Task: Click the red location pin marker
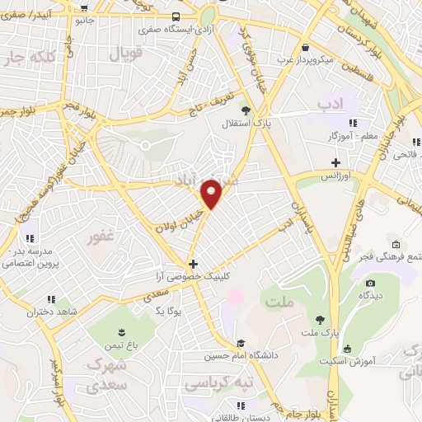(x=212, y=194)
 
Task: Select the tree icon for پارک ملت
(x=320, y=319)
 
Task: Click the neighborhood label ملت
(x=280, y=303)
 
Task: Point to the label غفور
(x=103, y=239)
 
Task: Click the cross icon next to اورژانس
(x=335, y=162)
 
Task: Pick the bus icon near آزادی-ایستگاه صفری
(x=176, y=16)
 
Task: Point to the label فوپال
(x=128, y=54)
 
